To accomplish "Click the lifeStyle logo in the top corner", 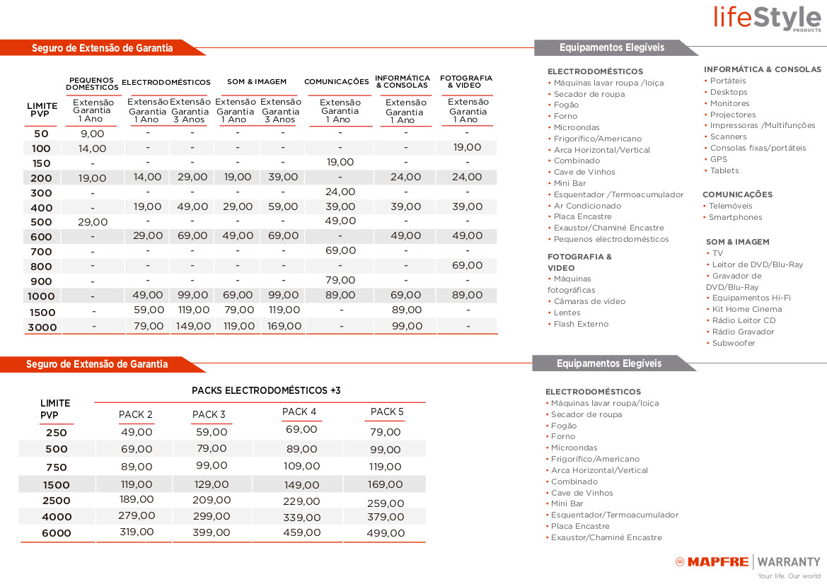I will (x=768, y=18).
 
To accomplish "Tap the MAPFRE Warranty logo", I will (x=748, y=563).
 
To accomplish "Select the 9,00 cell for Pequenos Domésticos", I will (x=92, y=134).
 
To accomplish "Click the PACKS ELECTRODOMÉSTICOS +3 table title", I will (x=266, y=390).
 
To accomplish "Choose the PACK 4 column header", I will (x=299, y=412).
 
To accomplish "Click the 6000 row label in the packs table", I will (x=57, y=533).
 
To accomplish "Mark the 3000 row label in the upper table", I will (x=42, y=327).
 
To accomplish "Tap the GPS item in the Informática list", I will (x=718, y=159).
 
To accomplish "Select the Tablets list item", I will (x=724, y=170).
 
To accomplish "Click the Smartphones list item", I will (x=735, y=217).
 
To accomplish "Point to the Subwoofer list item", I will (x=734, y=343).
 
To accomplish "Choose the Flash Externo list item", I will (x=581, y=324).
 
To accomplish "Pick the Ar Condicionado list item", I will (x=587, y=206).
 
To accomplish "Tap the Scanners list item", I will (x=728, y=136).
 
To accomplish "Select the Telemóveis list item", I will (x=730, y=206).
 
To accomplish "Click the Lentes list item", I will (x=567, y=313).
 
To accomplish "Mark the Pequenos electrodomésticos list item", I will (x=611, y=239).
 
